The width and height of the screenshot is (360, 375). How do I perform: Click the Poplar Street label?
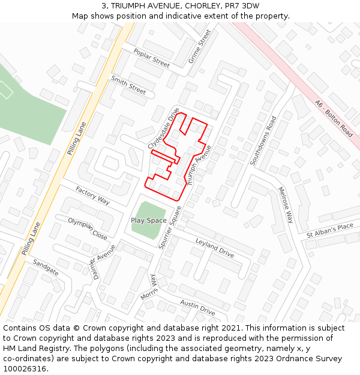click(152, 58)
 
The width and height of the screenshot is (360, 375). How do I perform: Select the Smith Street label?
click(128, 86)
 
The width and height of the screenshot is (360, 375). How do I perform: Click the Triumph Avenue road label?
click(200, 164)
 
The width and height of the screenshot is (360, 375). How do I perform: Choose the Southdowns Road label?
click(263, 141)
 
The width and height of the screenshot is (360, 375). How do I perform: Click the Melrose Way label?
click(285, 205)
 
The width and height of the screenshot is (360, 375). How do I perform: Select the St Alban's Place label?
click(330, 230)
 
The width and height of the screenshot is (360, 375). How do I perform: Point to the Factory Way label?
click(92, 196)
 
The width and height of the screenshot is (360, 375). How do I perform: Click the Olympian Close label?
click(88, 229)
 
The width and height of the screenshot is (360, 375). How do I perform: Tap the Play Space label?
click(149, 220)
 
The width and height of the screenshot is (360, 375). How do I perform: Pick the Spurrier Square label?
click(170, 227)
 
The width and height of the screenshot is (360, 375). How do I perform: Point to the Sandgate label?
click(46, 268)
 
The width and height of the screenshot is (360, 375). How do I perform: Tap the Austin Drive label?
click(197, 307)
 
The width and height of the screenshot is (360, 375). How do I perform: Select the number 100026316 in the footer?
click(24, 369)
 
